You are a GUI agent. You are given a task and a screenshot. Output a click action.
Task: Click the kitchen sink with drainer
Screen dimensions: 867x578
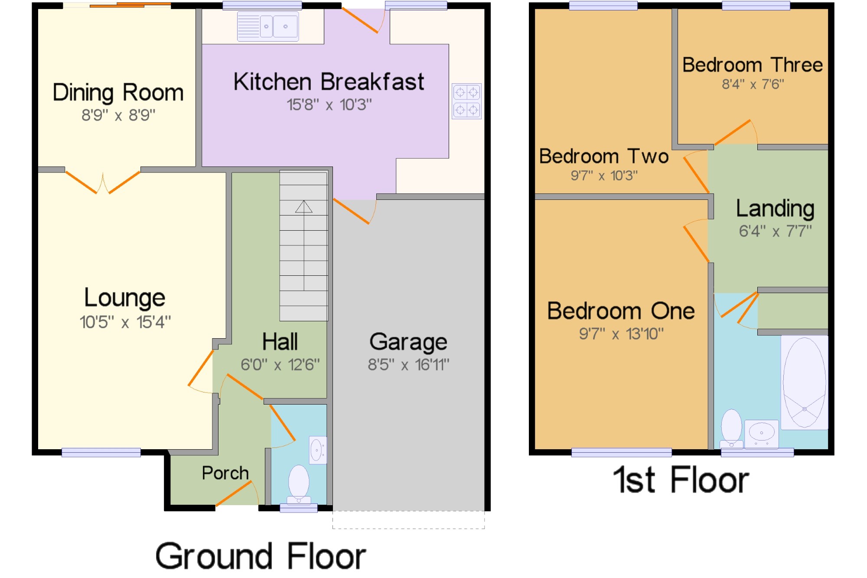click(268, 26)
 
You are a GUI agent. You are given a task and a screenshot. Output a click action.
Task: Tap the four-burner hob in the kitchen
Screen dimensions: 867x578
click(466, 101)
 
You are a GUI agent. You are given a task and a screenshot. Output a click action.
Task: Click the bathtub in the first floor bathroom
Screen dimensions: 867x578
click(804, 382)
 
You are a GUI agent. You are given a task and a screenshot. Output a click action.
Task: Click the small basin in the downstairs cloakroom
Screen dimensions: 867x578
click(318, 450)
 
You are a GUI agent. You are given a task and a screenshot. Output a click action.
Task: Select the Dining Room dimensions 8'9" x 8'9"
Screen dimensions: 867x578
click(118, 115)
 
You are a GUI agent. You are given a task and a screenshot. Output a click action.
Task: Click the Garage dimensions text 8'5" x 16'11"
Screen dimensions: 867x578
click(408, 365)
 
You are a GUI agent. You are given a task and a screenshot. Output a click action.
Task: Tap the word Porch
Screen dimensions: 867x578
click(225, 473)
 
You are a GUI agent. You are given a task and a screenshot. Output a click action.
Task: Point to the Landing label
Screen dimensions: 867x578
click(775, 209)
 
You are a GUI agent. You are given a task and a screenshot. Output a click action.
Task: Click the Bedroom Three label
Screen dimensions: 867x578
click(753, 65)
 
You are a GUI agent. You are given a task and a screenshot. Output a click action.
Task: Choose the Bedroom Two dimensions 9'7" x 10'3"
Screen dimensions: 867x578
click(604, 176)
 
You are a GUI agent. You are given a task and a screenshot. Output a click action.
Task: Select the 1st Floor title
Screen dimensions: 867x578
click(681, 480)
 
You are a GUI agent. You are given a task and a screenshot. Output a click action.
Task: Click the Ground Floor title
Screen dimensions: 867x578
click(261, 556)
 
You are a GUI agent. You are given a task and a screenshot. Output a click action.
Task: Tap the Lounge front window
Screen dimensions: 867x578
click(101, 452)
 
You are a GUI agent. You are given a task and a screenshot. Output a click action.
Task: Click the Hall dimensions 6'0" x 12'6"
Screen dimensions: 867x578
click(280, 365)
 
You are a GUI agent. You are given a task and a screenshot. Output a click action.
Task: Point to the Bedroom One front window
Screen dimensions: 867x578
click(622, 452)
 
